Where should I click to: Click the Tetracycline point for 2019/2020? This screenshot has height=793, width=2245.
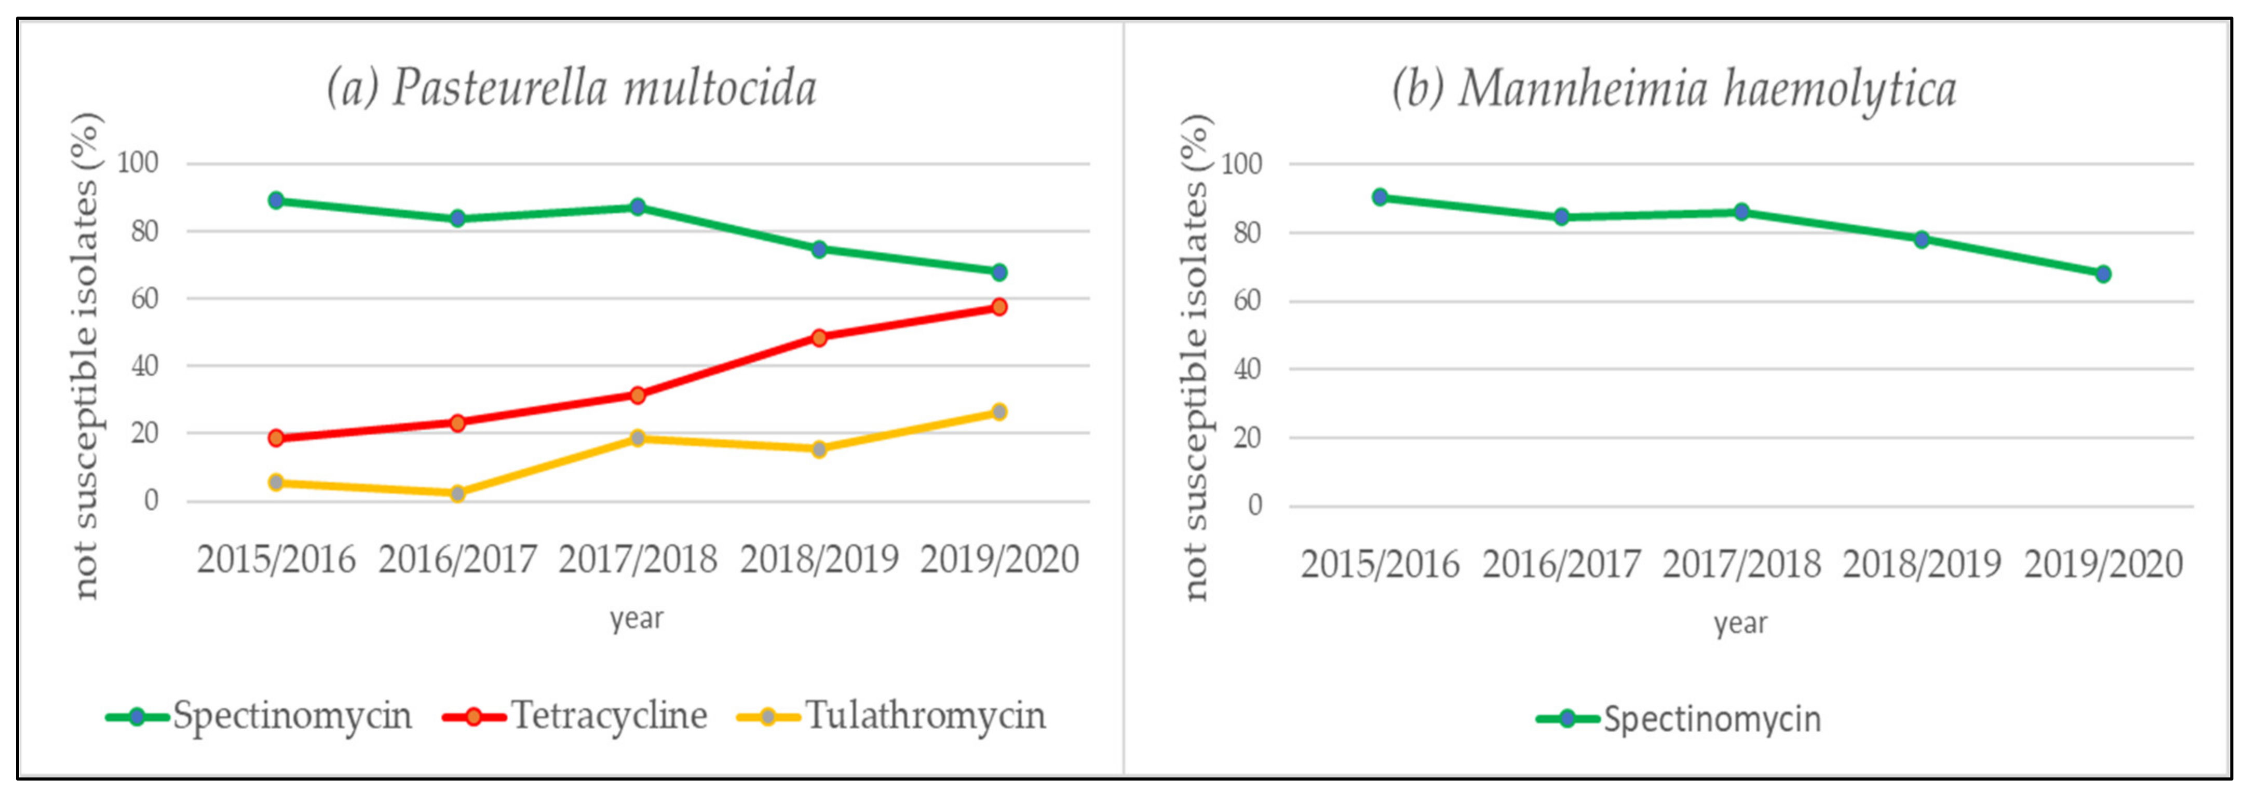[x=999, y=307]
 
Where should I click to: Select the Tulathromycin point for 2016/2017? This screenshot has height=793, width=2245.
[x=457, y=493]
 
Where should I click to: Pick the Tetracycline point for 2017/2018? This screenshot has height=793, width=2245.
[x=637, y=395]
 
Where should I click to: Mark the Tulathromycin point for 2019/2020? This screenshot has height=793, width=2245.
[x=999, y=412]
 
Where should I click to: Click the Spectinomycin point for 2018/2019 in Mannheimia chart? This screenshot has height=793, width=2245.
[x=1922, y=239]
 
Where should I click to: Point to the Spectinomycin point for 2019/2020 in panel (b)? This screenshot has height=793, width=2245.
[x=2102, y=274]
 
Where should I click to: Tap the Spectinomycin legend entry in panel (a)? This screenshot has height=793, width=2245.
[x=259, y=716]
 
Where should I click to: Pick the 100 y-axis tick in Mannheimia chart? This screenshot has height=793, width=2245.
[x=1242, y=164]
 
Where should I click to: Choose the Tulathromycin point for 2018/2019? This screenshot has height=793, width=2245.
[x=818, y=449]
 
